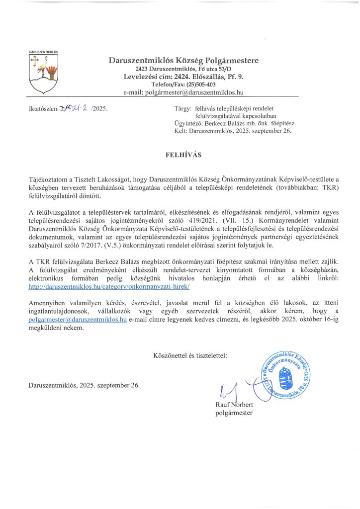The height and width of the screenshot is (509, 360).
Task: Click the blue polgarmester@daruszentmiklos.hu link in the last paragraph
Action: click(77, 320)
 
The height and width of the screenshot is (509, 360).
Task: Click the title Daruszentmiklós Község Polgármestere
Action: click(183, 60)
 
